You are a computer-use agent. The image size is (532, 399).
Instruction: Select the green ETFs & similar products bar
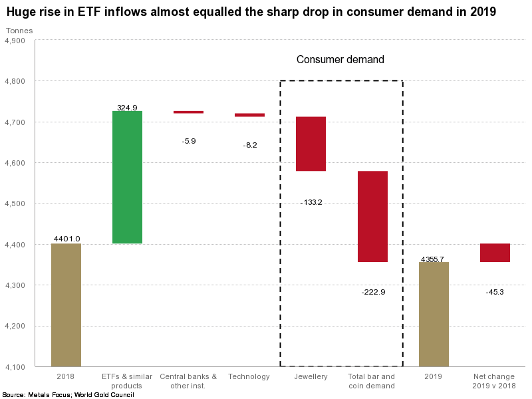coord(127,177)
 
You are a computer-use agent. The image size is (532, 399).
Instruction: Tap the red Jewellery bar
coord(311,144)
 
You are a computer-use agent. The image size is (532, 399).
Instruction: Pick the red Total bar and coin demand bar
coord(372,216)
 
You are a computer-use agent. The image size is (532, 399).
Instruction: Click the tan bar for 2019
coord(434,314)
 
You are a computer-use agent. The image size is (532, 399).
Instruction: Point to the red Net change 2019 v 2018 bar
coord(495,253)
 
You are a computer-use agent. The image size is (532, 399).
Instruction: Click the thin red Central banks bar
coord(188,112)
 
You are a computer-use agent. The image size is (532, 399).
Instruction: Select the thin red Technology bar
coord(249,115)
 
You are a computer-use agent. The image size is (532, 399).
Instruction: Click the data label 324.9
coord(127,106)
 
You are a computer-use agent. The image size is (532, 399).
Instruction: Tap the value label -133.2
coord(311,201)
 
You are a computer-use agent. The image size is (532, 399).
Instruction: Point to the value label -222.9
coord(373,291)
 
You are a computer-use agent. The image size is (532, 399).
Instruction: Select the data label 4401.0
coord(66,239)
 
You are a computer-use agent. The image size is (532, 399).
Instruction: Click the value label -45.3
coord(495,291)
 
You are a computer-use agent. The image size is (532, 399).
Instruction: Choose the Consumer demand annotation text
coord(340,60)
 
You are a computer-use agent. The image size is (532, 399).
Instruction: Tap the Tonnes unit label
coord(19,31)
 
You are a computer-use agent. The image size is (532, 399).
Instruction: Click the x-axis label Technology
coord(249,377)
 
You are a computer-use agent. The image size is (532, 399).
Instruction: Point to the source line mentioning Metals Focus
coord(68,394)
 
